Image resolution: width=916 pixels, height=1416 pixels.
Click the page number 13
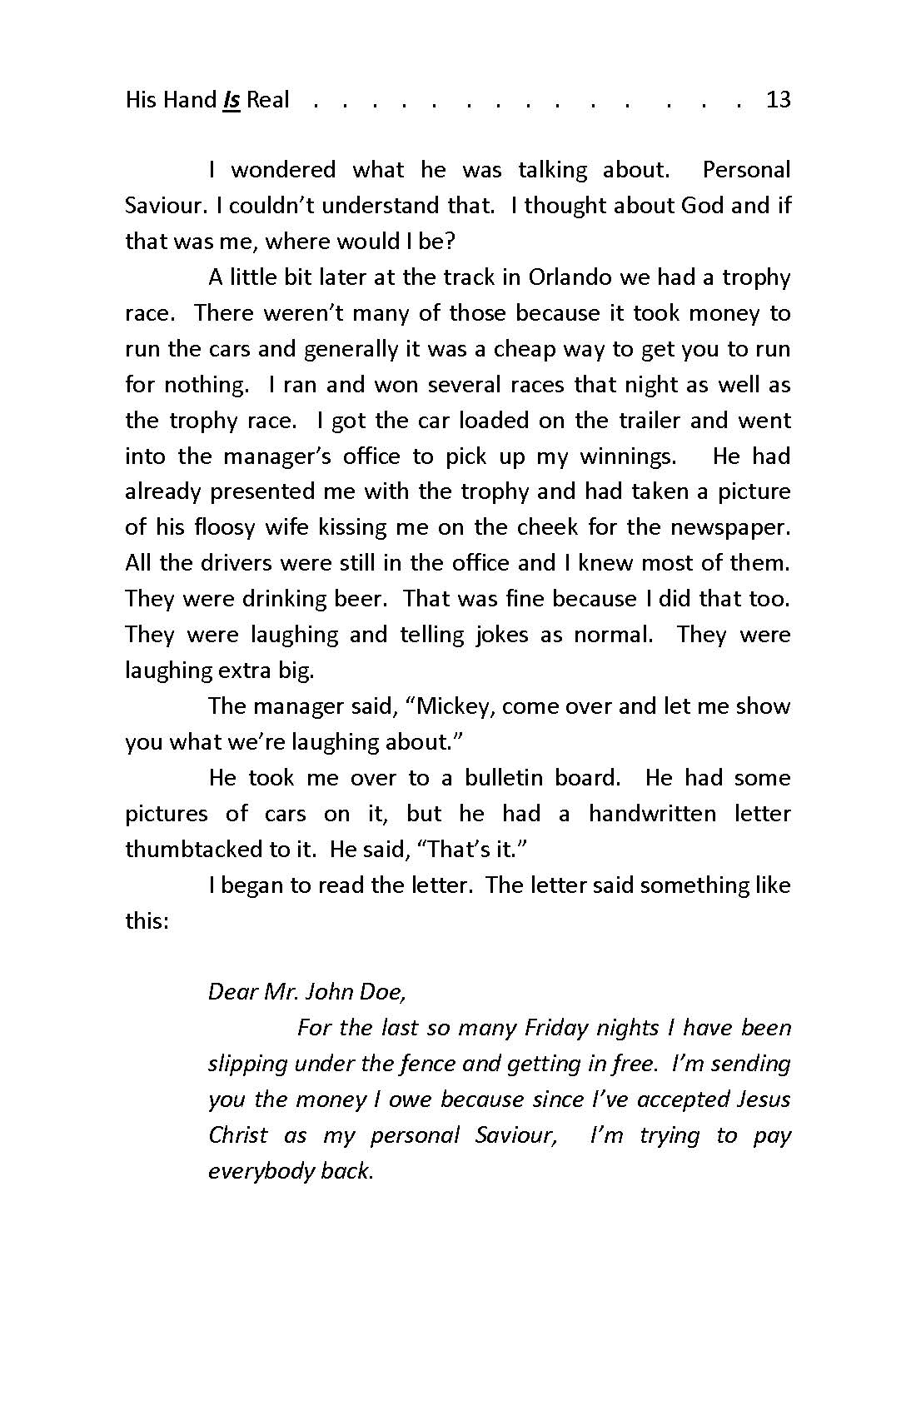[x=777, y=101]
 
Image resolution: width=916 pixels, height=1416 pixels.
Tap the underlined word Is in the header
[x=231, y=101]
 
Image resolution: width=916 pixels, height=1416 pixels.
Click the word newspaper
[x=734, y=527]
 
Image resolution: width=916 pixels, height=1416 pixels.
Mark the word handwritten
[x=652, y=814]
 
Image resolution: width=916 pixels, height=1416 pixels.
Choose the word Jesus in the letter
[x=764, y=1099]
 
